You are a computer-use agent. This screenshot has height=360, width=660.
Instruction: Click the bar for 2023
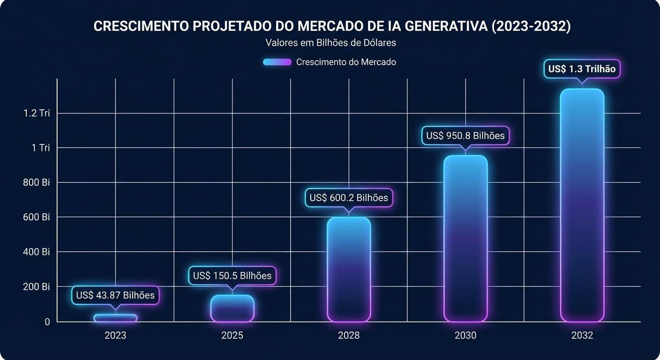(115, 318)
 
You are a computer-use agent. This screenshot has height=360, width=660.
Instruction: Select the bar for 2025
(232, 308)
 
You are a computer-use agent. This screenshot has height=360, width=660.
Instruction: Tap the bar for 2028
(349, 269)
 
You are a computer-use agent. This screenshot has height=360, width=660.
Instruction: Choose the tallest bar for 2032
(582, 205)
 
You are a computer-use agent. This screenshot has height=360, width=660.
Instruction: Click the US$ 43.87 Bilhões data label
(115, 295)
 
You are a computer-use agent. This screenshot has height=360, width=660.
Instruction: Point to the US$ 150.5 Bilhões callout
(232, 276)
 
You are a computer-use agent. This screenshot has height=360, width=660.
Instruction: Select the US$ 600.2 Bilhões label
(349, 198)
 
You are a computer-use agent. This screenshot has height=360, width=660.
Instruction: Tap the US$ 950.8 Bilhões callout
(465, 135)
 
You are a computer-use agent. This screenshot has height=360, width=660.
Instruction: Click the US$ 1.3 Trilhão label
(582, 69)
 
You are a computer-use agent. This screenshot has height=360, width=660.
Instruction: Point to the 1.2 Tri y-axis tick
(37, 113)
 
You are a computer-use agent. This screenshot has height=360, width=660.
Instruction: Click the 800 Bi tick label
(37, 182)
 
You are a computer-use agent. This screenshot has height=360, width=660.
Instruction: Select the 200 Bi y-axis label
(37, 287)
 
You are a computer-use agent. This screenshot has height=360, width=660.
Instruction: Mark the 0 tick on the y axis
(47, 322)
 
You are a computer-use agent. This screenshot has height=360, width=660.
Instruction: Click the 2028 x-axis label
(349, 336)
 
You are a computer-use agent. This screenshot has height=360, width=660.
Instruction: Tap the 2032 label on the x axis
(582, 336)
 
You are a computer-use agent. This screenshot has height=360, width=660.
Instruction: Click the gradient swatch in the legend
(277, 62)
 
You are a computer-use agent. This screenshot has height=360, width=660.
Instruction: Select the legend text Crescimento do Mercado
(346, 62)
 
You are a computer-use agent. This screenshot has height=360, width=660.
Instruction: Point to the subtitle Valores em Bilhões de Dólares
(330, 43)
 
